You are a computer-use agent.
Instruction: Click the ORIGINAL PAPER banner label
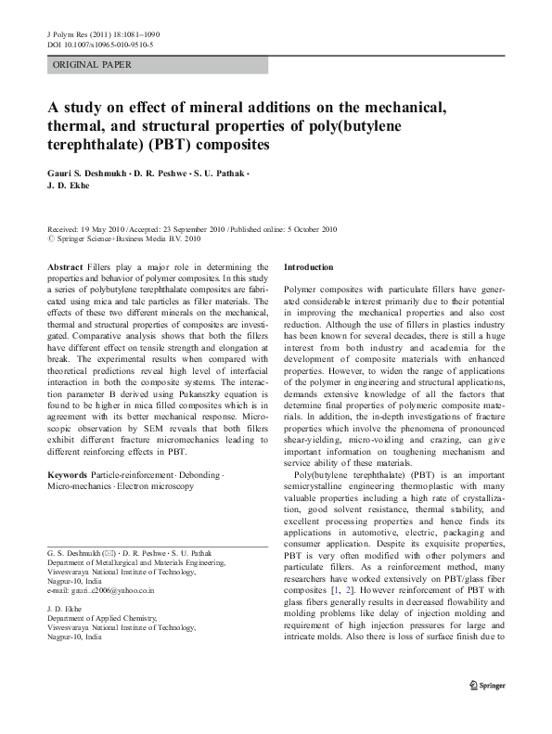point(93,65)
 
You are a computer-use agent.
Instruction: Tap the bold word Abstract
point(64,266)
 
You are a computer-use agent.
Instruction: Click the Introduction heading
point(308,266)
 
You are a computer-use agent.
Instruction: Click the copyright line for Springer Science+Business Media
point(130,238)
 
